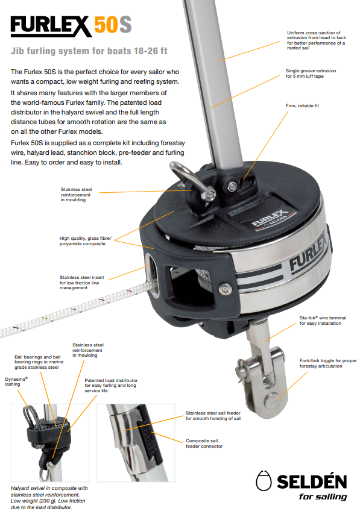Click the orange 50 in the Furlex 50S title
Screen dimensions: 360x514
click(x=105, y=25)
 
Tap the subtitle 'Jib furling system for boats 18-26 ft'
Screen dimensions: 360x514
click(x=89, y=51)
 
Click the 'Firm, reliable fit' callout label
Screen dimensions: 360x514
click(x=302, y=105)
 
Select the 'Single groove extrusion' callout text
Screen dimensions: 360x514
click(x=311, y=74)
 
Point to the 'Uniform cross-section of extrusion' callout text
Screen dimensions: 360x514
click(x=317, y=40)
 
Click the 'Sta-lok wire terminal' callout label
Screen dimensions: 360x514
click(x=323, y=321)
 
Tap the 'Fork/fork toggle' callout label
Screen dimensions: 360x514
click(x=328, y=363)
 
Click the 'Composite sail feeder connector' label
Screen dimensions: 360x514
click(x=204, y=443)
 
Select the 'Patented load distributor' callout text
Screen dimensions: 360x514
click(x=111, y=386)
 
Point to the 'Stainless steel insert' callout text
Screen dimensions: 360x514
click(x=81, y=283)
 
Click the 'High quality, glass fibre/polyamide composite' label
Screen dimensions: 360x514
click(x=85, y=241)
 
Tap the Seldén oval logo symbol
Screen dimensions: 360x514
click(x=264, y=481)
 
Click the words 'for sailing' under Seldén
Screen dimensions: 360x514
click(x=323, y=497)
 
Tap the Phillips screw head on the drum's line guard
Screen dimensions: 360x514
click(x=225, y=289)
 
